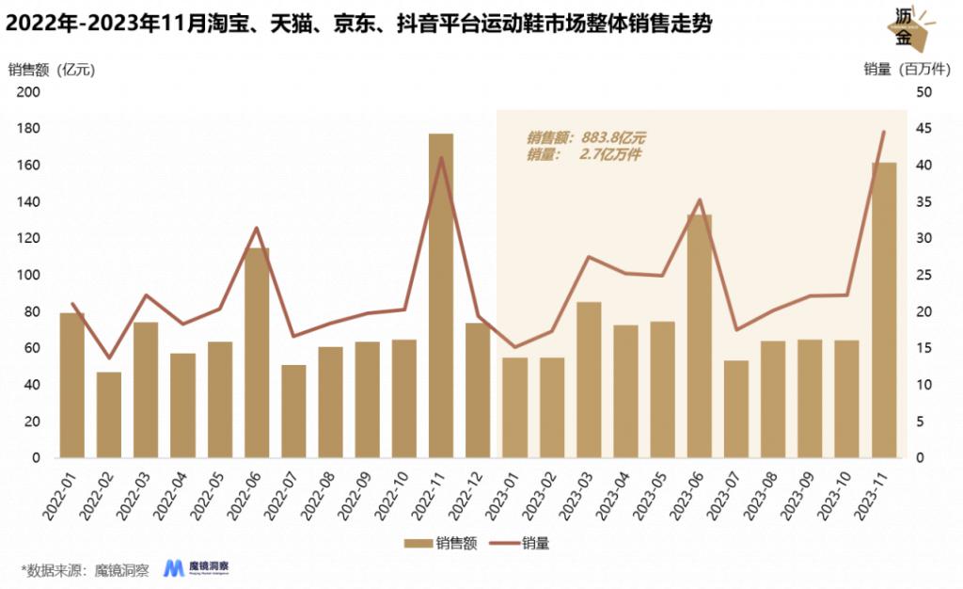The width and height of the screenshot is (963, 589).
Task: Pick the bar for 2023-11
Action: click(884, 310)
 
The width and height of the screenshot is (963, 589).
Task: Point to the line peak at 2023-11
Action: click(884, 132)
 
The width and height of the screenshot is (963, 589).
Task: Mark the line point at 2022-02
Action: click(109, 358)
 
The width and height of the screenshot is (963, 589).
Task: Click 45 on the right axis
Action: click(924, 129)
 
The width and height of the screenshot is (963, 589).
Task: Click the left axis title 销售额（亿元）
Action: click(52, 69)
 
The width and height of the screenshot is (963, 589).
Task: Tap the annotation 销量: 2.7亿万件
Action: click(583, 154)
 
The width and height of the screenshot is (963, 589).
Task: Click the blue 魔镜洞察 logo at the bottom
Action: click(197, 567)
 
